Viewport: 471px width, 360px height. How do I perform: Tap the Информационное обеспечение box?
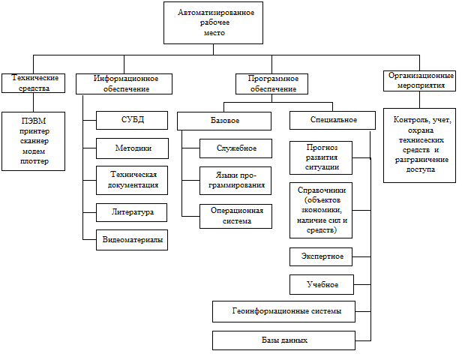[x=124, y=82]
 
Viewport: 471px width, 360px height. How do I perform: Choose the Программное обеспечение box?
[x=267, y=82]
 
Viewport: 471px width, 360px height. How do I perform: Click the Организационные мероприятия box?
[x=420, y=80]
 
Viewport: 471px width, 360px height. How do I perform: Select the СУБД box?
[x=132, y=120]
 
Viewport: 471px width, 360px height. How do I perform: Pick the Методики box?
[x=132, y=148]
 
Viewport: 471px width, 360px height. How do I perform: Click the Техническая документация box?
[x=132, y=180]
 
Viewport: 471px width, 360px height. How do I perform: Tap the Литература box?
[x=132, y=212]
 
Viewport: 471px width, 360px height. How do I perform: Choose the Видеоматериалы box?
[x=132, y=240]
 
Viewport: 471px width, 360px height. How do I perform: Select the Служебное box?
[x=235, y=148]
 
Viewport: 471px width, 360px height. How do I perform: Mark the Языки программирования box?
[x=235, y=181]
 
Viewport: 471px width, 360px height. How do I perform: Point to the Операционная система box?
[x=235, y=216]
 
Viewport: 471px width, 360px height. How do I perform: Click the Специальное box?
[x=332, y=120]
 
